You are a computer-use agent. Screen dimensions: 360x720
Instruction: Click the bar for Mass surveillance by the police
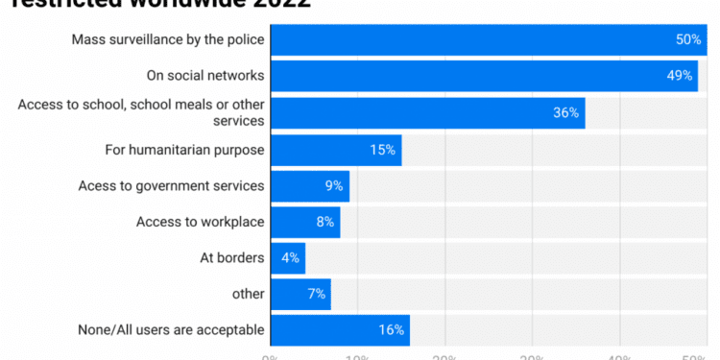pyautogui.click(x=480, y=39)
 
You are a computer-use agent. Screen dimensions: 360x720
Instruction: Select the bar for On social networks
pyautogui.click(x=480, y=76)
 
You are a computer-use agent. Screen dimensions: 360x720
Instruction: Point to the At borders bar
pyautogui.click(x=287, y=257)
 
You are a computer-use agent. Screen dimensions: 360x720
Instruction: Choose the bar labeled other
pyautogui.click(x=300, y=293)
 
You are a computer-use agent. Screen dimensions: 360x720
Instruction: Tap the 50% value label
pyautogui.click(x=688, y=39)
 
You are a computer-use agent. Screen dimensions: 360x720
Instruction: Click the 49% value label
pyautogui.click(x=679, y=76)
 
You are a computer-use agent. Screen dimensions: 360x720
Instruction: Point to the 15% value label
pyautogui.click(x=382, y=150)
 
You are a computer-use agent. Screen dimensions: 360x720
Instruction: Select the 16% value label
pyautogui.click(x=391, y=329)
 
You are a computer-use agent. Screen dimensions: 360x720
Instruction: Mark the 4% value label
pyautogui.click(x=291, y=257)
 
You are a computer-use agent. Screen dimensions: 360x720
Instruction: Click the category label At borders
pyautogui.click(x=231, y=257)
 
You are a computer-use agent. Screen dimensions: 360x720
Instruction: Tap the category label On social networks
pyautogui.click(x=204, y=76)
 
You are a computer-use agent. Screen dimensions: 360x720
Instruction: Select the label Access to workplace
pyautogui.click(x=200, y=222)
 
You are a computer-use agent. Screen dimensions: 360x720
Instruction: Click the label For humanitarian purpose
pyautogui.click(x=184, y=150)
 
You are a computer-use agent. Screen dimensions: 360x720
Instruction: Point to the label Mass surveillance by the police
pyautogui.click(x=168, y=39)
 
